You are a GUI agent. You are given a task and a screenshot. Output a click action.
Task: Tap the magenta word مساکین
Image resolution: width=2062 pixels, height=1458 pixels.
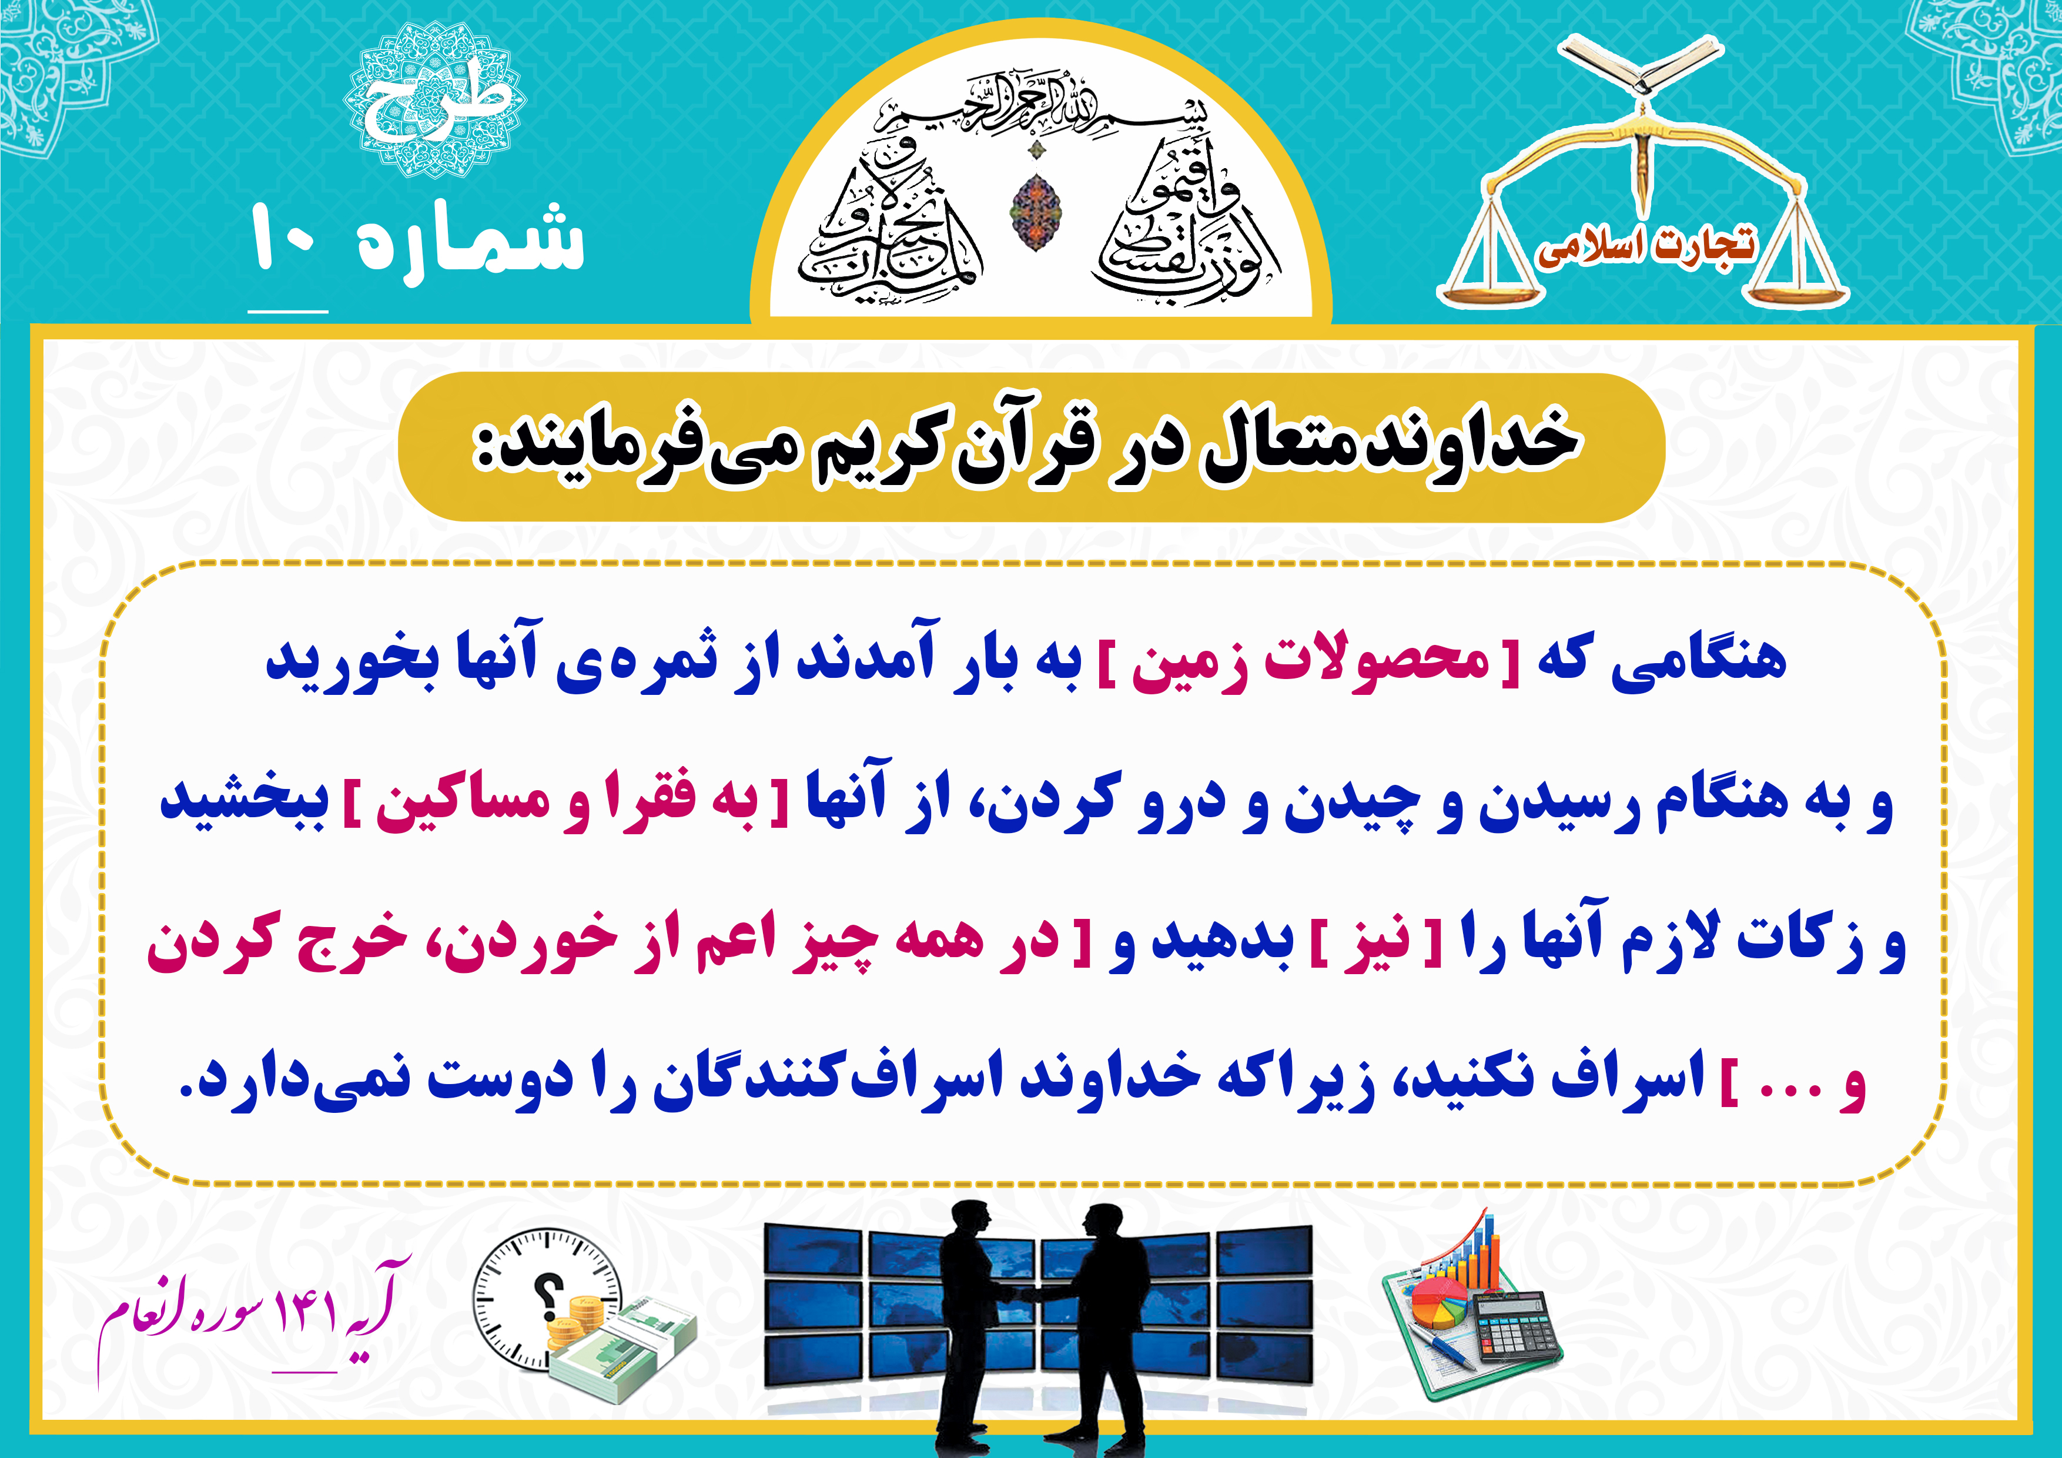point(463,802)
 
